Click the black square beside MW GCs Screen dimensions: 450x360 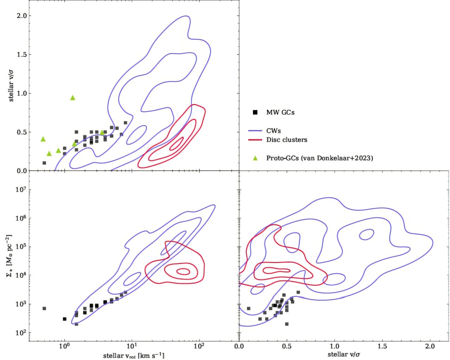click(x=255, y=112)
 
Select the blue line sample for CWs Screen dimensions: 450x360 click(x=255, y=131)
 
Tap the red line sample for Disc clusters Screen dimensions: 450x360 click(x=255, y=140)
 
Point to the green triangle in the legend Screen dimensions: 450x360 click(x=255, y=158)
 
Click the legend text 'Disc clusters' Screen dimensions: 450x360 click(x=287, y=140)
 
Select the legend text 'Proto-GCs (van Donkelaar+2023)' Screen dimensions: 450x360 click(x=320, y=158)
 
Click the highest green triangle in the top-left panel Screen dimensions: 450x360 click(x=72, y=98)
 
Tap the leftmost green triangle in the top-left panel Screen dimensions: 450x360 click(x=43, y=139)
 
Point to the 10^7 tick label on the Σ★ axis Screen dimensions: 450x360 click(x=20, y=189)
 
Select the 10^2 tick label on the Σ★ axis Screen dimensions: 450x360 click(x=20, y=332)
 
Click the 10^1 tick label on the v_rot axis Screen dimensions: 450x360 click(x=132, y=346)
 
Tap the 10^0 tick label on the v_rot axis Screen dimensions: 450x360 click(x=64, y=346)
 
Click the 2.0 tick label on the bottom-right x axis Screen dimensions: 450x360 click(x=430, y=347)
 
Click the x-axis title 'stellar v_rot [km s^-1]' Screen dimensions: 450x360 click(x=134, y=356)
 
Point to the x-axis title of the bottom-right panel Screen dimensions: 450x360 click(x=344, y=355)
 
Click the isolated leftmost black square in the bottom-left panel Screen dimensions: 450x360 click(x=44, y=308)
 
